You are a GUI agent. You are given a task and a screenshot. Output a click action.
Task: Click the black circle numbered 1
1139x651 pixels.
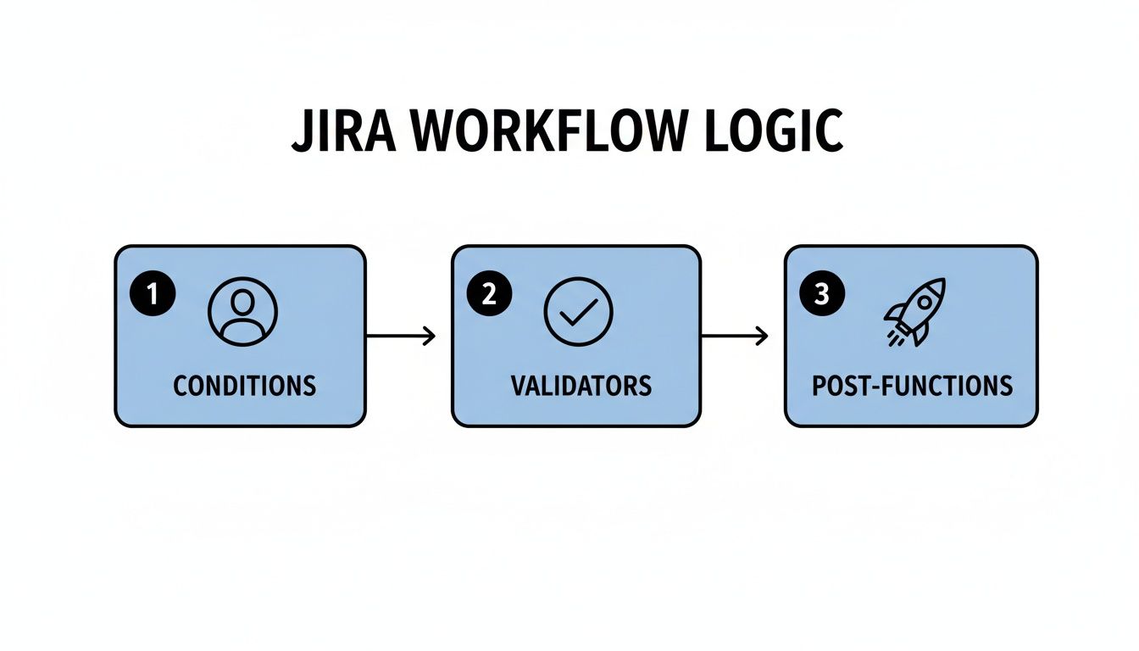coord(153,294)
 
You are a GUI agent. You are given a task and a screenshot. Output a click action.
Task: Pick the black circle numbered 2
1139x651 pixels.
coord(488,294)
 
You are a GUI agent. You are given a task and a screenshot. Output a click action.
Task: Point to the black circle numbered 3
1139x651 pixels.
coord(821,294)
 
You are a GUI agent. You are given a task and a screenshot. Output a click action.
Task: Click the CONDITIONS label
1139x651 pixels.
coord(244,386)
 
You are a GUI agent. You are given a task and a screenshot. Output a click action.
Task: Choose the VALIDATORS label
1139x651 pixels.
coord(581,386)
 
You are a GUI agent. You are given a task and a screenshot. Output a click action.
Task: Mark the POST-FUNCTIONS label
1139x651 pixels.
coord(912,386)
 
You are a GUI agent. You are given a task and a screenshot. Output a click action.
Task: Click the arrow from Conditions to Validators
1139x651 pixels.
coord(400,337)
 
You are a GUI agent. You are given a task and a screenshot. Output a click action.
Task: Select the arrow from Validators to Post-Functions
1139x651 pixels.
coord(735,337)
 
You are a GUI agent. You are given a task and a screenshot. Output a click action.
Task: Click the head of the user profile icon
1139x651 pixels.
coord(242,302)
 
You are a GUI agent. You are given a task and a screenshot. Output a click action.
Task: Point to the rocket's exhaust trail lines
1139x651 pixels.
coord(895,337)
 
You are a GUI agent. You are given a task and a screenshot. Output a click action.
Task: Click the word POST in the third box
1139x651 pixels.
coord(839,386)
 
